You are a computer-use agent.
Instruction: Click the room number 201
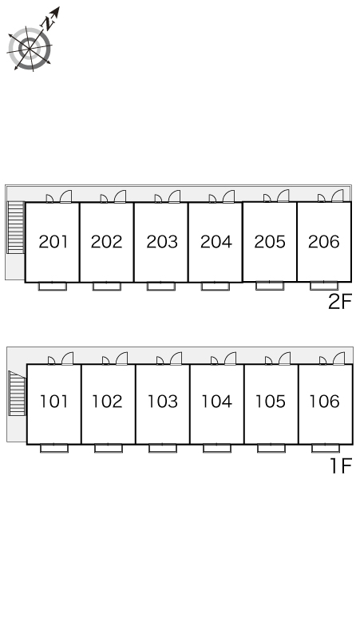pos(53,242)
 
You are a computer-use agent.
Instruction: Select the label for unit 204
pos(216,242)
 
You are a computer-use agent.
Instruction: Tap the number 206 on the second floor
pos(324,242)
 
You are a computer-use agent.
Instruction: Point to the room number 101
pos(54,402)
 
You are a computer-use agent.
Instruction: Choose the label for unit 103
pos(163,402)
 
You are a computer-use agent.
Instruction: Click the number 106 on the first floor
pos(325,402)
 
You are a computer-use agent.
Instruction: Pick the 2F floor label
pos(340,303)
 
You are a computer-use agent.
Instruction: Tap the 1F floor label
pos(341,465)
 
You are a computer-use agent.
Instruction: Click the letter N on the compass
pos(48,24)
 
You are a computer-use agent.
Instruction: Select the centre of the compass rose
pos(30,49)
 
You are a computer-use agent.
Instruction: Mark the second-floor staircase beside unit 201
pos(16,228)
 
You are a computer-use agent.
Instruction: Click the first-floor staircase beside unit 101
pos(17,394)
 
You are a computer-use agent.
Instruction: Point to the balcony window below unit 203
pos(160,286)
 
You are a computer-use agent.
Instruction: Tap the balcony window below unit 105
pos(271,448)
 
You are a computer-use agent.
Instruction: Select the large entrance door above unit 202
pos(120,196)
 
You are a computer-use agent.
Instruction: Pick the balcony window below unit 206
pos(324,286)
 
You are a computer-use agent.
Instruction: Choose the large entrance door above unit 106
pos(338,359)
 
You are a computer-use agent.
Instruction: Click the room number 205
pos(270,242)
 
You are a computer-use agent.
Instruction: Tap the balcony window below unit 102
pos(109,448)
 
